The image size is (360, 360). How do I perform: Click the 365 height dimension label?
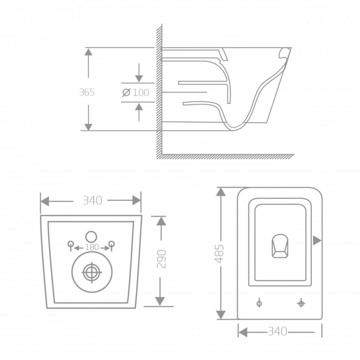click(x=87, y=92)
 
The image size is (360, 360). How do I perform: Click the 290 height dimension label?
click(x=161, y=259)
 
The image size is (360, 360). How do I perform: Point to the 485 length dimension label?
click(x=219, y=253)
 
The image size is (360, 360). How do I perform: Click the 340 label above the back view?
click(x=92, y=200)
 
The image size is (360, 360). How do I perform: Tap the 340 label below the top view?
click(x=277, y=331)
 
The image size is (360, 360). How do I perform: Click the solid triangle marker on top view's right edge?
click(x=316, y=241)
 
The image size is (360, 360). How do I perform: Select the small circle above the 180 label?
click(x=91, y=236)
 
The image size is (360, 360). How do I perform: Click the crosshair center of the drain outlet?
click(x=91, y=271)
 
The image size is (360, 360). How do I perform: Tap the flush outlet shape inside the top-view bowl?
click(x=280, y=245)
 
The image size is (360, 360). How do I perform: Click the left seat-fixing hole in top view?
click(x=259, y=303)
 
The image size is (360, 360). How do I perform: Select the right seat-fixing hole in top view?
click(x=301, y=303)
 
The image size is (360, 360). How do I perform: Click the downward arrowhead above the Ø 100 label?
click(x=139, y=78)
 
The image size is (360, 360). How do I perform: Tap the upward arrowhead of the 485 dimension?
click(x=221, y=192)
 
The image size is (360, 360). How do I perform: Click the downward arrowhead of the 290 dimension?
click(x=160, y=300)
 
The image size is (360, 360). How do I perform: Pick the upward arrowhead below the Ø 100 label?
click(x=139, y=107)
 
